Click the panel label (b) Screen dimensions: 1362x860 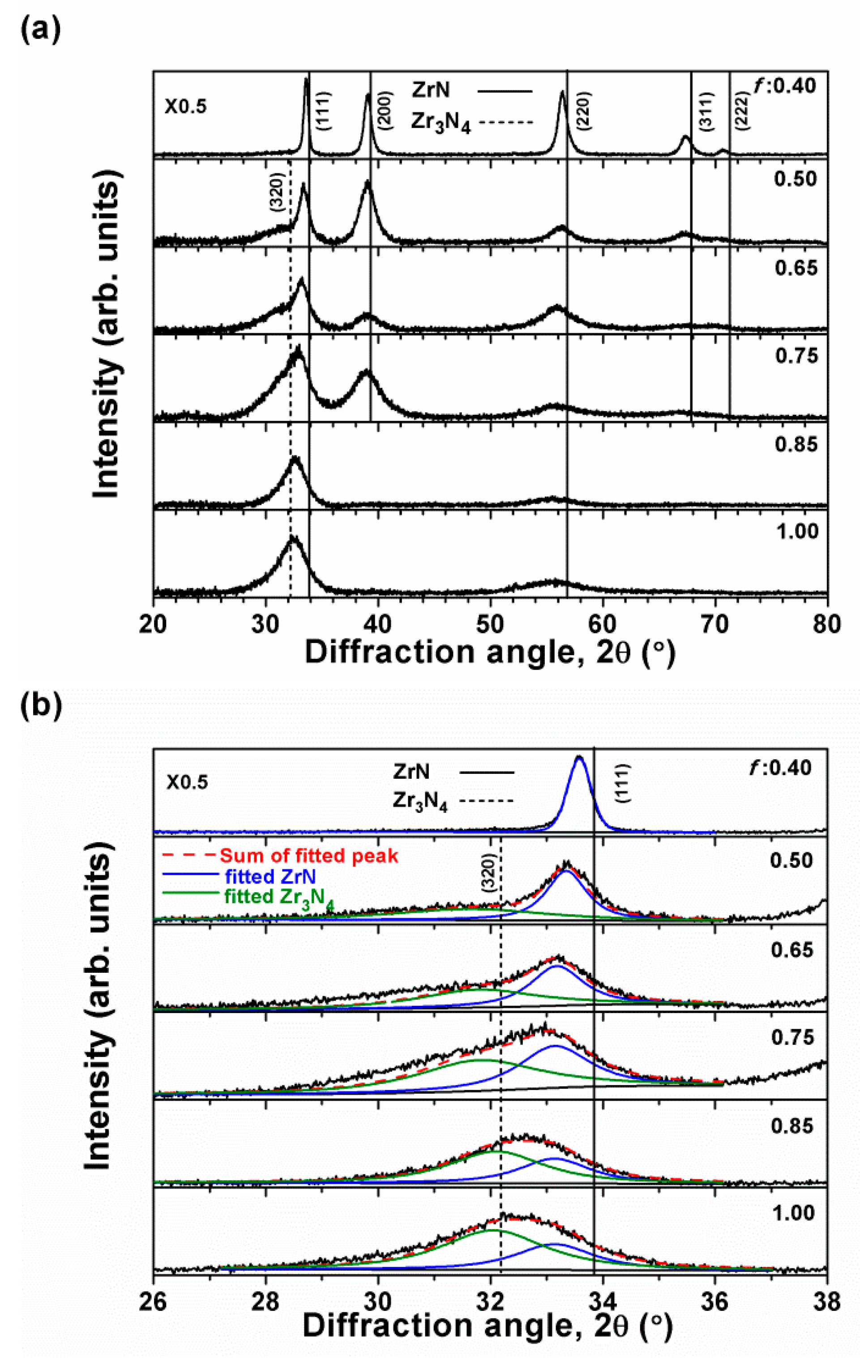pyautogui.click(x=40, y=707)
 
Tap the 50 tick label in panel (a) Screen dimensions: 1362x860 pyautogui.click(x=490, y=624)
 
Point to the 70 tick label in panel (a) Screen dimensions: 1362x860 pyautogui.click(x=715, y=624)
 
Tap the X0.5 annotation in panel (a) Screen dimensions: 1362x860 pyautogui.click(x=186, y=106)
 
